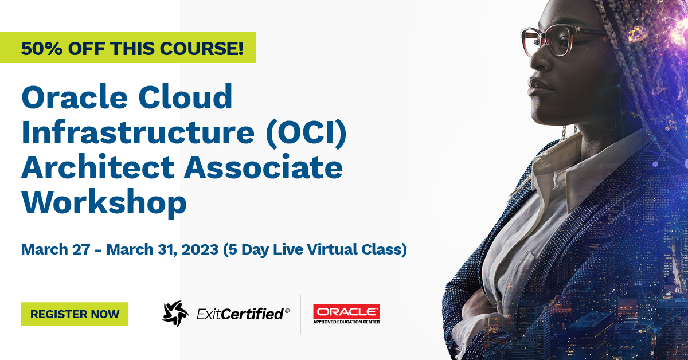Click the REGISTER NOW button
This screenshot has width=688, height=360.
click(74, 314)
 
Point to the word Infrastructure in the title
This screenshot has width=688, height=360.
click(138, 132)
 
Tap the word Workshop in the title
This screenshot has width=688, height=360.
click(104, 202)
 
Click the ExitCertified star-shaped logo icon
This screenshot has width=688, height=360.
click(175, 314)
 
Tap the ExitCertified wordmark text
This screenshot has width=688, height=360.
click(241, 314)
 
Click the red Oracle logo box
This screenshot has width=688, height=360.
click(346, 311)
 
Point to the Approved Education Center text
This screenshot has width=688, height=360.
click(346, 322)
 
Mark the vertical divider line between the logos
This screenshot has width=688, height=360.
click(301, 314)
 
